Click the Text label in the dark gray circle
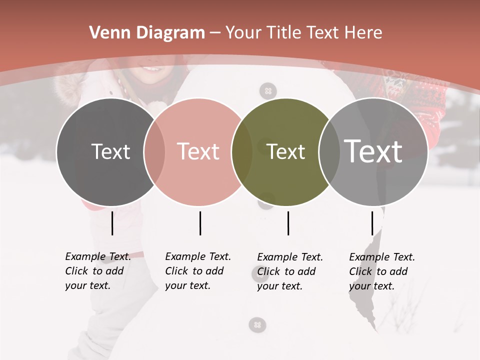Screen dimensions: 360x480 (110, 151)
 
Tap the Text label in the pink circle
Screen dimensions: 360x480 (198, 151)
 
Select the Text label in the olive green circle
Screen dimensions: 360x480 (286, 151)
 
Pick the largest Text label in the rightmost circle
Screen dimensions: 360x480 (373, 151)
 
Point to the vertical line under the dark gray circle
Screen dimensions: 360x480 (112, 223)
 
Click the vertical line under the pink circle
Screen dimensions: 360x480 (200, 223)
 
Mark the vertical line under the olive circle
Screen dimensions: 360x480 (288, 223)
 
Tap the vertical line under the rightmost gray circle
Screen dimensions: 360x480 (372, 223)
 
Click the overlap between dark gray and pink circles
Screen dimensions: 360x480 (154, 152)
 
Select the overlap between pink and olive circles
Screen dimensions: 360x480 (242, 152)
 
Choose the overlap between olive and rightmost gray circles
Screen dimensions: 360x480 (329, 152)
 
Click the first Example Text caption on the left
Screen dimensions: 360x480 (97, 271)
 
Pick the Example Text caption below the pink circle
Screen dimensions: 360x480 (197, 271)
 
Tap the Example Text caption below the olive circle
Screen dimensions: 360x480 (289, 271)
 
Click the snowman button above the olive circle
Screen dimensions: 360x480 (268, 91)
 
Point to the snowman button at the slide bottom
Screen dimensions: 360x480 (257, 325)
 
